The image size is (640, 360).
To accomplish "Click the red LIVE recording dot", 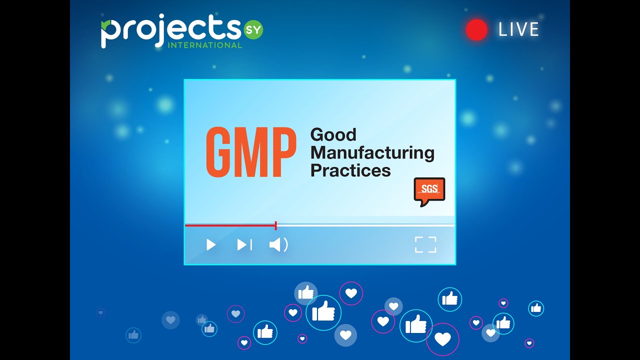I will pos(476,30).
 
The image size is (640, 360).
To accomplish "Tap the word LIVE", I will pos(518,30).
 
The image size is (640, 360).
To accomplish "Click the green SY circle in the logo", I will pos(253,30).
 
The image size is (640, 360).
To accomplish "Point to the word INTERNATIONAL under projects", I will pos(205,45).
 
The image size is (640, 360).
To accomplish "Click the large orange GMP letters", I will pos(251,152).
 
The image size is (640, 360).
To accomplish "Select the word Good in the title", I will pos(333,134).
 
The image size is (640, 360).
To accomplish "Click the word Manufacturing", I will pos(372,152).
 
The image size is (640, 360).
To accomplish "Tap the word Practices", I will pos(350,170).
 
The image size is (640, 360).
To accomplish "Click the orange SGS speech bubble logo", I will pos(429,190).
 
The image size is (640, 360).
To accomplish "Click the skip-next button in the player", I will pos(244,244).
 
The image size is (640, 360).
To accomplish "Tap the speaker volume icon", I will pos(278,244).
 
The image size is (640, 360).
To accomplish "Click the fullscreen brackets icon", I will pos(425,244).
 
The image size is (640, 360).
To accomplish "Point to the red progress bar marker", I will pos(276,225).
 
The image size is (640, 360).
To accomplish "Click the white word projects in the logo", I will pos(170,31).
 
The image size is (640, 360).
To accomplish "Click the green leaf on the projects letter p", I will pos(106,24).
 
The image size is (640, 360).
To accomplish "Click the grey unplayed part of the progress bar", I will pos(365,225).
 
